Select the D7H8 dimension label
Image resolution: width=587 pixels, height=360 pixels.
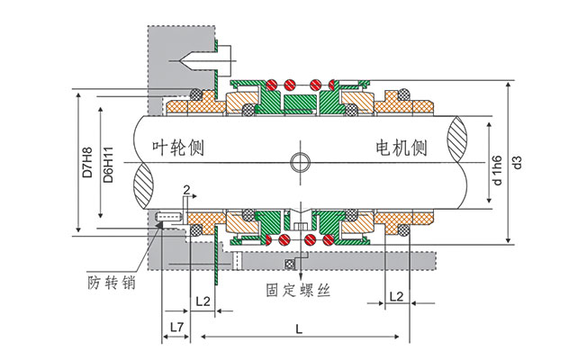87,162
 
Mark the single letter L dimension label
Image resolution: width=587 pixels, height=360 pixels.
299,328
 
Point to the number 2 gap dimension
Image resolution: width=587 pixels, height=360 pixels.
185,190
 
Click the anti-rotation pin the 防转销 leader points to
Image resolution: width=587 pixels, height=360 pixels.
168,218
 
